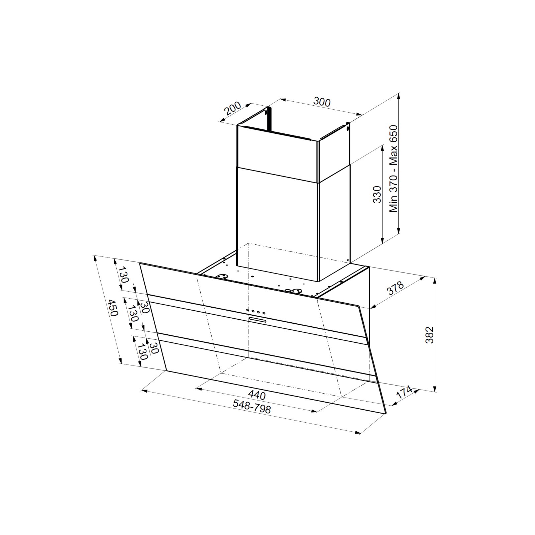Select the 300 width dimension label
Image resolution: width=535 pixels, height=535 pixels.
(x=322, y=102)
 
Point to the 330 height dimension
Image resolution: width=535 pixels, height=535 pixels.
(x=377, y=194)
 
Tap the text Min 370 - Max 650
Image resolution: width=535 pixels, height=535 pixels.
(x=394, y=169)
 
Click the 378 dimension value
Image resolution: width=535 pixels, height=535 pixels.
(x=396, y=288)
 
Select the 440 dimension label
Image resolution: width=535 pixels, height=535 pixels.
(x=257, y=395)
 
